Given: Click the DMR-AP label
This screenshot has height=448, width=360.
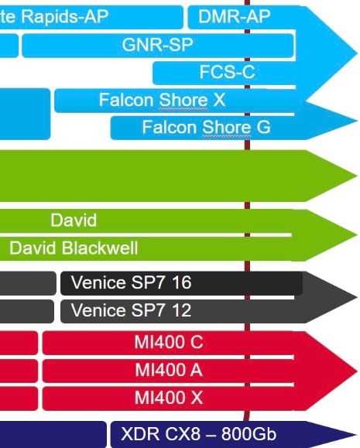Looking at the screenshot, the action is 234,16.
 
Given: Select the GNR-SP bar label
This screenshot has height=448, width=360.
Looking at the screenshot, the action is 158,45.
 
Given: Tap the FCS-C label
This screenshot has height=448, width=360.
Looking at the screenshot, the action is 227,72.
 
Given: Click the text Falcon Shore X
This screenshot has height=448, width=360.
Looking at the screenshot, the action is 162,100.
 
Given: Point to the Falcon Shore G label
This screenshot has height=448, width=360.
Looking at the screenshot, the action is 206,127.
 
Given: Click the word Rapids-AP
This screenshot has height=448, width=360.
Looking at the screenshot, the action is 65,16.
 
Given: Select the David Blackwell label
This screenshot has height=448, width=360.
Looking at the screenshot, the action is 74,248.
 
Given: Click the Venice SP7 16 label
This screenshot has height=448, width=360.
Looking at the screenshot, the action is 132,282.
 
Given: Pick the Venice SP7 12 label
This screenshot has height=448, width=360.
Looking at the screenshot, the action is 132,310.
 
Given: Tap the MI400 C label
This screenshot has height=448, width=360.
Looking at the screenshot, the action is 169,342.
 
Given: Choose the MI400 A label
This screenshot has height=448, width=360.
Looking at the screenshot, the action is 169,370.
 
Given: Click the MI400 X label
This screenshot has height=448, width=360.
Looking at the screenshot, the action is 169,397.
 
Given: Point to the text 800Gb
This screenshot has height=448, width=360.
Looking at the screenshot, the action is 249,434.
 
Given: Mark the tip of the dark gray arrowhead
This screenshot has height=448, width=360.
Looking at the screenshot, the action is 358,297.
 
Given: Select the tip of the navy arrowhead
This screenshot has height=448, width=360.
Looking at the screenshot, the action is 358,435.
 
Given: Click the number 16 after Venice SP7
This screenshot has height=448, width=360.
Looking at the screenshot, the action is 182,282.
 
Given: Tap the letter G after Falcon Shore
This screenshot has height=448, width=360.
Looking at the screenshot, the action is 263,127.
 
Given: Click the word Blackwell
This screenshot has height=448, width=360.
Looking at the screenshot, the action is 100,248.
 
